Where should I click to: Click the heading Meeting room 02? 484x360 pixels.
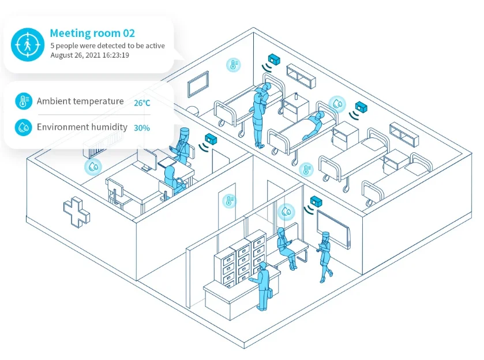pyautogui.click(x=92, y=33)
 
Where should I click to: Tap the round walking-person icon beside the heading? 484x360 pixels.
pyautogui.click(x=27, y=44)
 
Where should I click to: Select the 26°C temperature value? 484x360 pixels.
pyautogui.click(x=142, y=103)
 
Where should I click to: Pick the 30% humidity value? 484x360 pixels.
pyautogui.click(x=142, y=127)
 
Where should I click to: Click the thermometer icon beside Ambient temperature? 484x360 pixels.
pyautogui.click(x=24, y=102)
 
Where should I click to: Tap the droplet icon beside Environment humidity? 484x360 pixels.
pyautogui.click(x=24, y=126)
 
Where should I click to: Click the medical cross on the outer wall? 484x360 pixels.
pyautogui.click(x=76, y=212)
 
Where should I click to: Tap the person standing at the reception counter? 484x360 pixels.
pyautogui.click(x=264, y=286)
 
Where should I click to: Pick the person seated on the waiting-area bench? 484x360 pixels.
pyautogui.click(x=284, y=247)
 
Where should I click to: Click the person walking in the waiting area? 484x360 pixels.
pyautogui.click(x=325, y=256)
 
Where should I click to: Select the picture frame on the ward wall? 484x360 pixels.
pyautogui.click(x=198, y=84)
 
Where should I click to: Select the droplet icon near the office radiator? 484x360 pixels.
pyautogui.click(x=92, y=167)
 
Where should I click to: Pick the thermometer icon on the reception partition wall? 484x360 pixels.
pyautogui.click(x=229, y=201)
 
